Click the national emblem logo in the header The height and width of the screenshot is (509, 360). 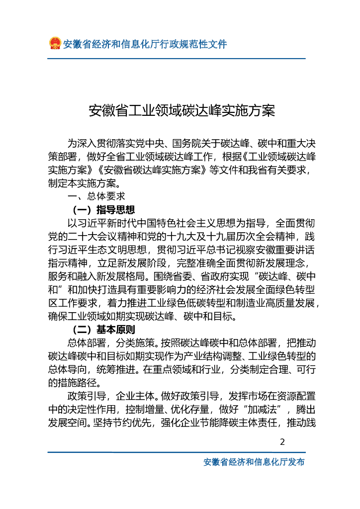point(55,44)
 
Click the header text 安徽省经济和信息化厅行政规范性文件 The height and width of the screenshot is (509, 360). point(145,44)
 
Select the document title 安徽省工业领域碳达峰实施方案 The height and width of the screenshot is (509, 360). point(181,110)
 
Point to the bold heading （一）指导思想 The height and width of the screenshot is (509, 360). point(103,209)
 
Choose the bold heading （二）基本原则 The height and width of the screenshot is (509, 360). point(103,330)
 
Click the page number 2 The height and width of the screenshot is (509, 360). point(283,442)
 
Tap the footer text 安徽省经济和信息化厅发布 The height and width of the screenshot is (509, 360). point(254,462)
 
